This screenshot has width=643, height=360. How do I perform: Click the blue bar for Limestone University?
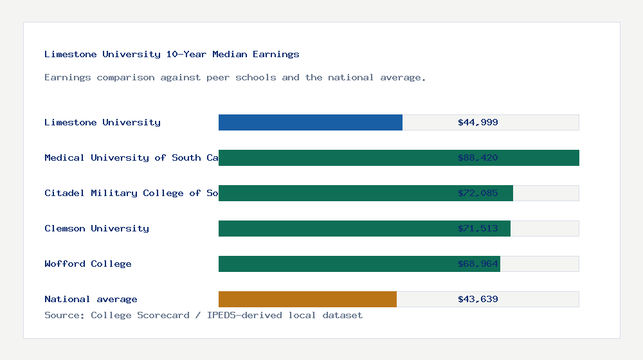(311, 122)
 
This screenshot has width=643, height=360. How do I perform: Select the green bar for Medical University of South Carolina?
(334, 157)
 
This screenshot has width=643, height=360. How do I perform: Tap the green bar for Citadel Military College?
(334, 193)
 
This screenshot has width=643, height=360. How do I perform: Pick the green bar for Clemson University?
(334, 228)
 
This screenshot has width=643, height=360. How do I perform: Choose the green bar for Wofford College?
(334, 264)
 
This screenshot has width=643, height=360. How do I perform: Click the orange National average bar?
(307, 299)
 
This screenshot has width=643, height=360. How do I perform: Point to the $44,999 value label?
(478, 122)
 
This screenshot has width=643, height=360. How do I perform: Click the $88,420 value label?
(478, 157)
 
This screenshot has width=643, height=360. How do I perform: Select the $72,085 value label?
(478, 193)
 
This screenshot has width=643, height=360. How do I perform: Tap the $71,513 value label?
(478, 228)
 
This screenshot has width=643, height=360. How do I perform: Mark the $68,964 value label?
(478, 264)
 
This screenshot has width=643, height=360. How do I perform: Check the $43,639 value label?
(478, 299)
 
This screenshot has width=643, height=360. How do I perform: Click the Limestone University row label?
(102, 122)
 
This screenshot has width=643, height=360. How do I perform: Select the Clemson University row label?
(96, 228)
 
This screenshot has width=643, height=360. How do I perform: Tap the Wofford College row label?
(88, 264)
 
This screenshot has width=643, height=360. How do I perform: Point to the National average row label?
(91, 299)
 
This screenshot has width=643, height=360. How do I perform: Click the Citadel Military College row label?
(131, 193)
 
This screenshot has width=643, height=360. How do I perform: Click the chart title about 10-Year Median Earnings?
(172, 54)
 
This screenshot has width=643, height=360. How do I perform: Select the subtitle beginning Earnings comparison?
(235, 77)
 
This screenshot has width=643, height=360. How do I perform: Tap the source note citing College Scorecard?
(203, 315)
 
